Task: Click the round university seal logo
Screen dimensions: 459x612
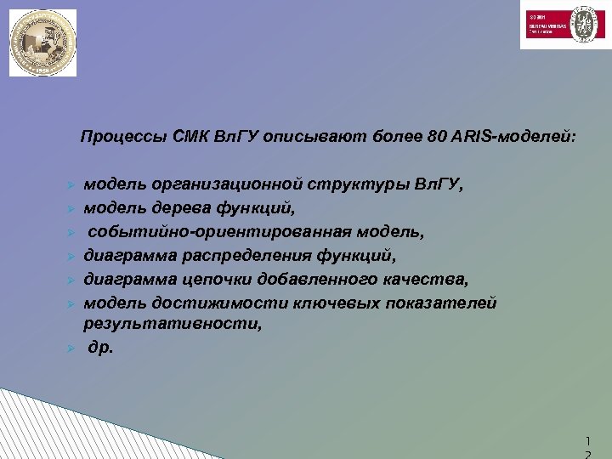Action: (42, 42)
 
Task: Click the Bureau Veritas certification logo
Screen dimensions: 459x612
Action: (560, 25)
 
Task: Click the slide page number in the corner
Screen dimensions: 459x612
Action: (587, 446)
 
